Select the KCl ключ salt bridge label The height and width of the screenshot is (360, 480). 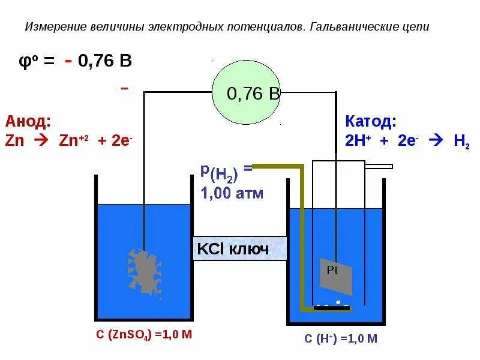240,248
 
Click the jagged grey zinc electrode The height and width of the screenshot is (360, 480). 144,270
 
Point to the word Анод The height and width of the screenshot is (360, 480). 28,122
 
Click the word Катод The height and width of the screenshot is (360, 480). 370,122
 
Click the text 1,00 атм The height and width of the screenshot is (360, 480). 232,193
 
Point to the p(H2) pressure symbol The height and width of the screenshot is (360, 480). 220,173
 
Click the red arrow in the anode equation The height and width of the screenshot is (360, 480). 41,142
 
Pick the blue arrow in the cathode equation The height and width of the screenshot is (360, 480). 436,142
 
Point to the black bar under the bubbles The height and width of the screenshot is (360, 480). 332,308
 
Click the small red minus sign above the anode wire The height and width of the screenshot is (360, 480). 125,88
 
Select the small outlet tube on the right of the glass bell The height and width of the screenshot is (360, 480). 378,166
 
